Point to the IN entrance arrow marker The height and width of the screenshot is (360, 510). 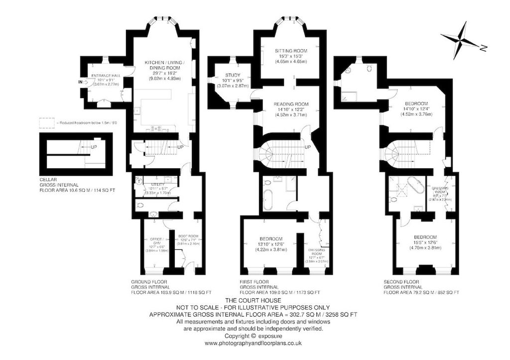click(81, 82)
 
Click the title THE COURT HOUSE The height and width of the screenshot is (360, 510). click(254, 301)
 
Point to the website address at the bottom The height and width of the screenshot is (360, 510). click(254, 343)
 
